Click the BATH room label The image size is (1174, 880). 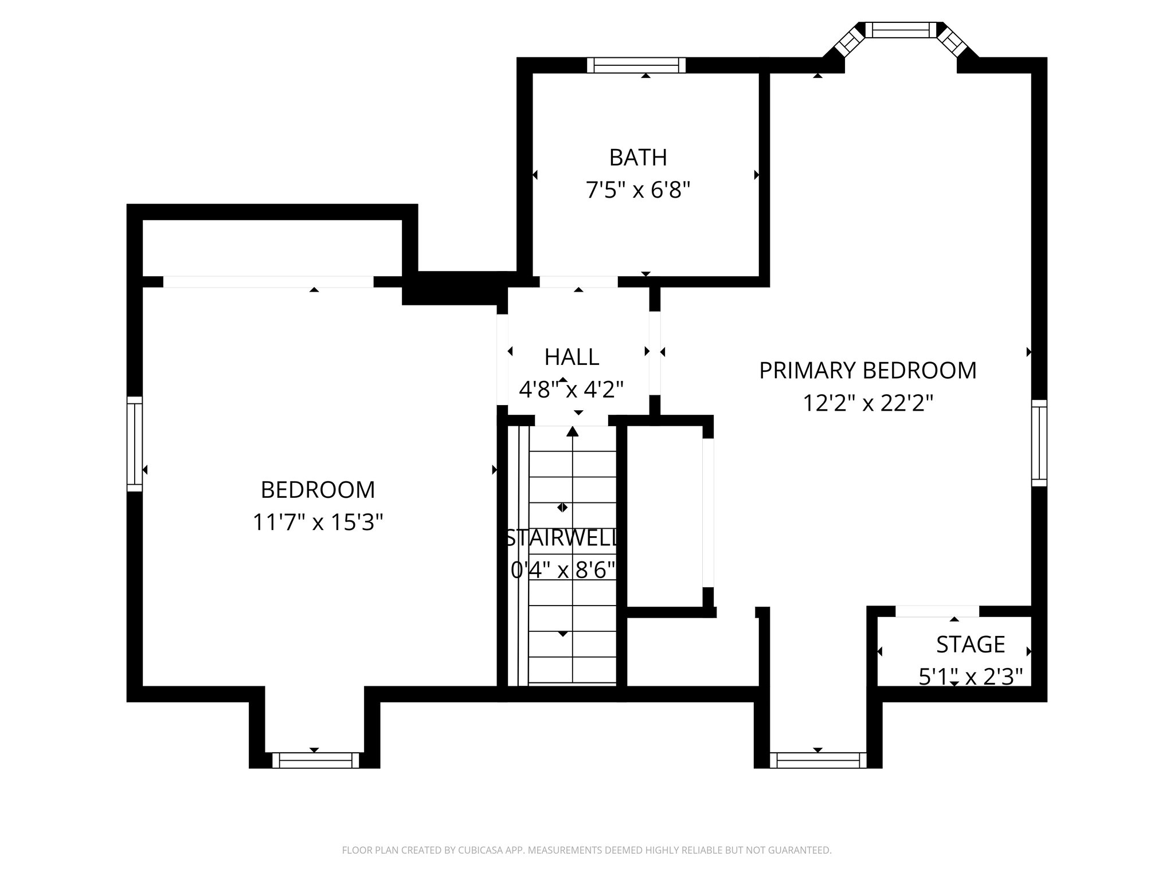(x=637, y=158)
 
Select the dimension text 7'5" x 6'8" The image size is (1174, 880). (x=637, y=190)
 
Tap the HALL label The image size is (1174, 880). (x=572, y=357)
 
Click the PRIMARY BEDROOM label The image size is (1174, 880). (x=867, y=371)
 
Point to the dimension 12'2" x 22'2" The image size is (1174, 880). (x=867, y=403)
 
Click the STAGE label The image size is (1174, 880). (x=970, y=645)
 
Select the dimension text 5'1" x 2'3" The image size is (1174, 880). (x=970, y=677)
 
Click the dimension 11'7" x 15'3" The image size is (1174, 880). (x=318, y=522)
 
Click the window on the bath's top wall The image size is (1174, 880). (x=636, y=65)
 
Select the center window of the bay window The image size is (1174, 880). (x=900, y=30)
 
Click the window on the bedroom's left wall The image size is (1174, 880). (x=134, y=443)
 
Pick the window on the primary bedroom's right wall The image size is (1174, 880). (x=1039, y=443)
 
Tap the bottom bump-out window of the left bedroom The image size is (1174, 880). (x=315, y=760)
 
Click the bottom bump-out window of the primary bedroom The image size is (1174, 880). (x=818, y=760)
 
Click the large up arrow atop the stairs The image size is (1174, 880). (x=572, y=432)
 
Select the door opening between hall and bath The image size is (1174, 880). (x=578, y=282)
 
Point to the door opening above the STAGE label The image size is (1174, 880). (x=937, y=611)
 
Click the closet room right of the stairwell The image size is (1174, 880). (x=664, y=516)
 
